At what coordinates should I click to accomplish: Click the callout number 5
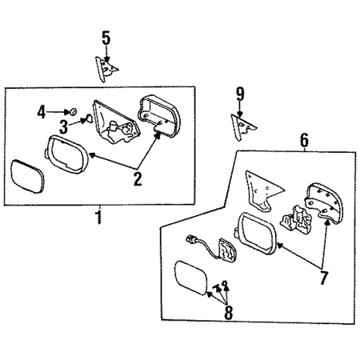(106, 38)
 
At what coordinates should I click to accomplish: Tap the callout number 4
(42, 112)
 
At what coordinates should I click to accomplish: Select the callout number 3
(63, 127)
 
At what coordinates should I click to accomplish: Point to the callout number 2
(138, 179)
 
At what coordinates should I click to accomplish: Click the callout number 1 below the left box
(99, 217)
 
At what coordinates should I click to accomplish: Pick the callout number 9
(240, 94)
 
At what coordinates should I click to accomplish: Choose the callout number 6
(304, 140)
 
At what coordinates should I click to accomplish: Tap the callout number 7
(323, 278)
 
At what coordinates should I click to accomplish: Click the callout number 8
(229, 313)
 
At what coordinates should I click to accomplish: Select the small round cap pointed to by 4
(74, 112)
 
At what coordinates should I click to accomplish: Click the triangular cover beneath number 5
(106, 69)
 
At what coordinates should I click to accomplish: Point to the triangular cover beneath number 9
(242, 127)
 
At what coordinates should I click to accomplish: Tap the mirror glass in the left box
(27, 176)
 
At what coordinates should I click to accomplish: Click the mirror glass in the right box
(191, 278)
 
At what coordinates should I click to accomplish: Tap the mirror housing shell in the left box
(159, 115)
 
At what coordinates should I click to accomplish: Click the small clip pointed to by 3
(89, 118)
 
